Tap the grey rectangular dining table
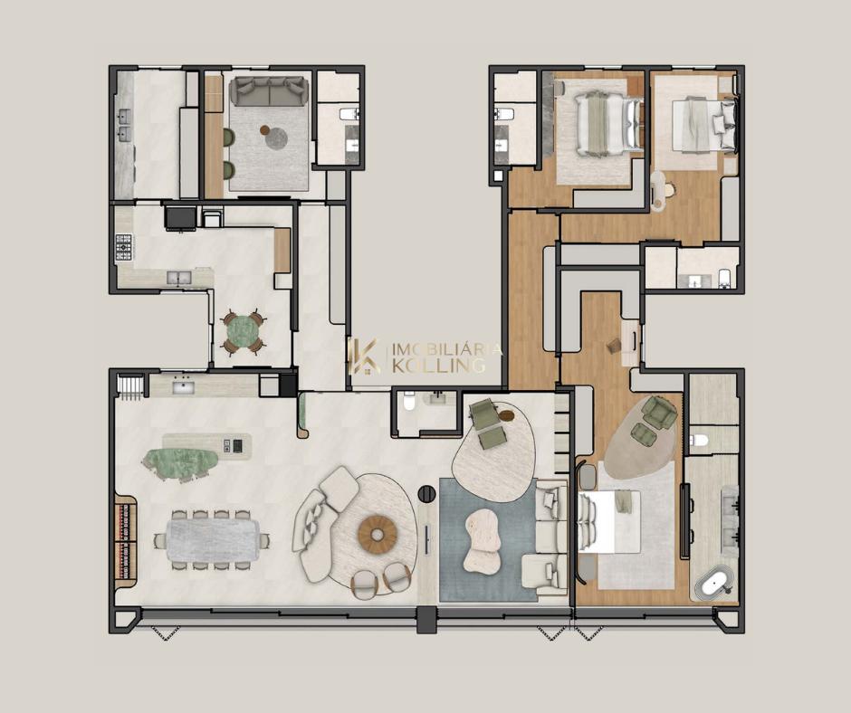pos(213,540)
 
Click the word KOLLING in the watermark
pos(438,366)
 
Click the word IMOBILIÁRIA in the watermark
pos(446,348)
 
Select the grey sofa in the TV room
pos(269,90)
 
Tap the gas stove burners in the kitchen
pos(124,248)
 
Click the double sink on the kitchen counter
pos(178,278)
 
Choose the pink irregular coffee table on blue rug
pos(483,541)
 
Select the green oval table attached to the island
pos(179,462)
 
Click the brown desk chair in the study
pos(614,345)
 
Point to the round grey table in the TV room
pos(277,138)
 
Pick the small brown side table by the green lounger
pos(506,415)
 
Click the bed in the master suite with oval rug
pos(609,522)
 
